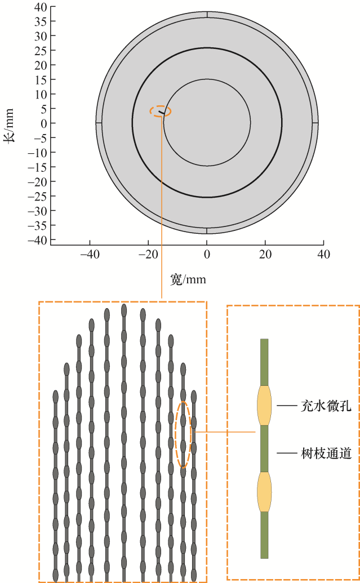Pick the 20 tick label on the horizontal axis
pyautogui.click(x=265, y=255)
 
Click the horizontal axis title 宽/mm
pyautogui.click(x=188, y=279)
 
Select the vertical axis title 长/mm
pyautogui.click(x=8, y=125)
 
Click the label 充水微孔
pyautogui.click(x=326, y=406)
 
